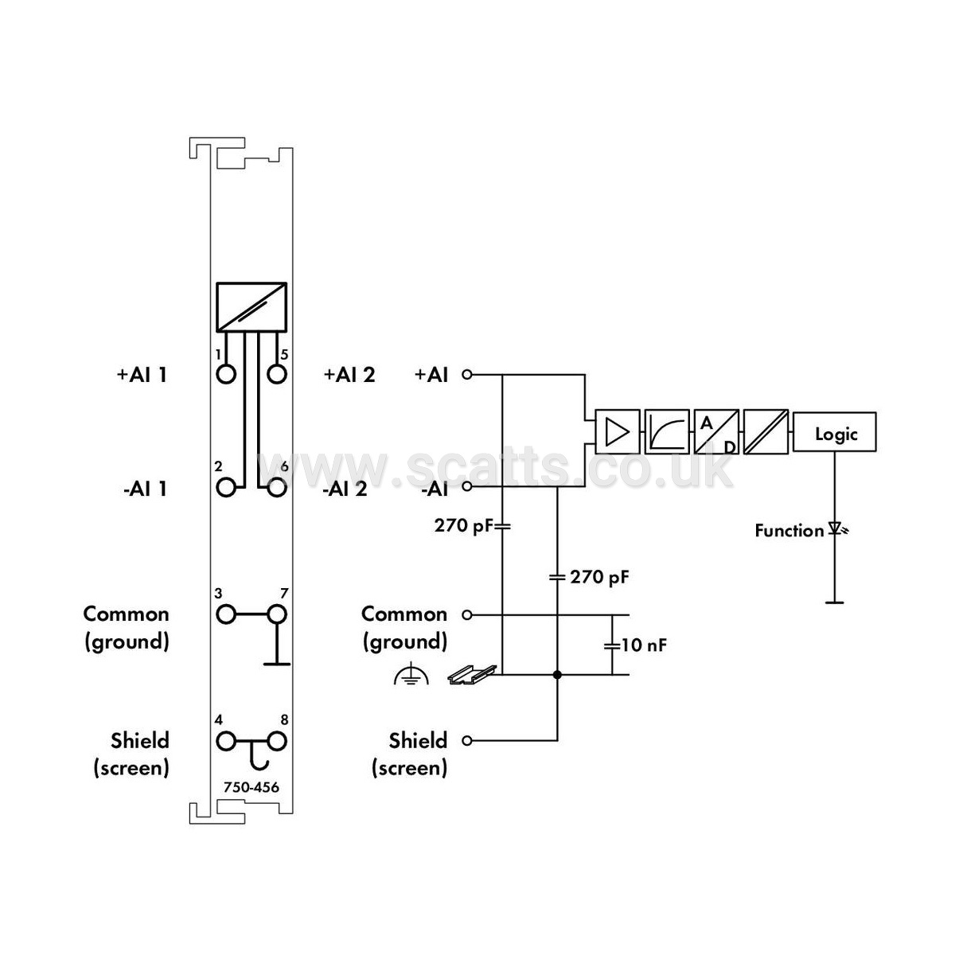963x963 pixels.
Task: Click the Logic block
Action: (x=834, y=432)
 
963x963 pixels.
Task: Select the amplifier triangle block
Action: (x=617, y=432)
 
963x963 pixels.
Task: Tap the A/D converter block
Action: (x=716, y=432)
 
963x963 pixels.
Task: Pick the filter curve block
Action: (x=667, y=432)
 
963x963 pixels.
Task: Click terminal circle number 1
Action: (x=226, y=374)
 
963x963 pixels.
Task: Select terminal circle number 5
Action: (x=276, y=374)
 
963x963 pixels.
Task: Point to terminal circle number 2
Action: (x=226, y=487)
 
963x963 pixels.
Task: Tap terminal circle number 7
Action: (x=276, y=614)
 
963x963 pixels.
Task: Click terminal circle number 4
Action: (x=226, y=741)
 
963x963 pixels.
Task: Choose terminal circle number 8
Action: (x=276, y=741)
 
